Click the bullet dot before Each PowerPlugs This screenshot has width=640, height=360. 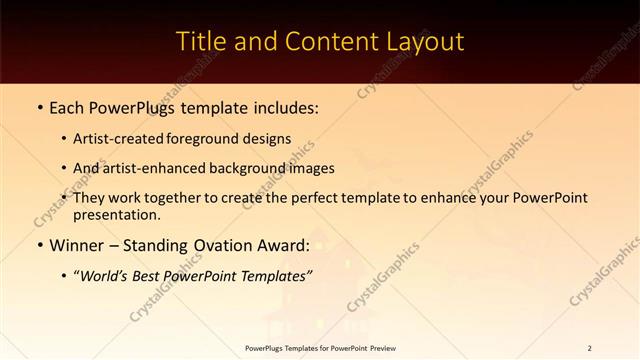click(39, 107)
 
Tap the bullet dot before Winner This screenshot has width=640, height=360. click(39, 244)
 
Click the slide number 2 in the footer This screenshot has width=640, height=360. click(589, 348)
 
